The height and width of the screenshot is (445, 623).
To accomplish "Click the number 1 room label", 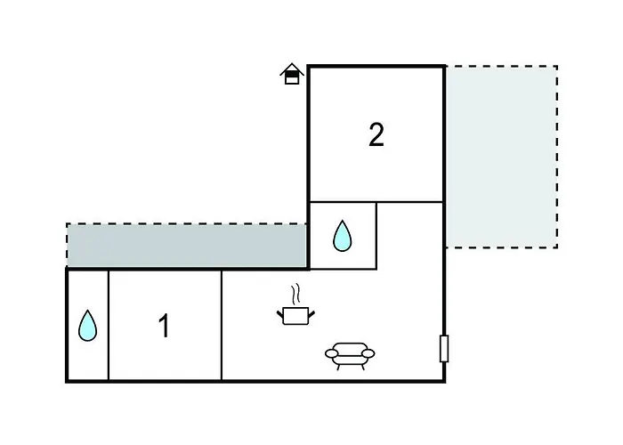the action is click(x=164, y=326).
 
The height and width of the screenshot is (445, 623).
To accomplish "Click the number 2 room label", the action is click(x=376, y=134).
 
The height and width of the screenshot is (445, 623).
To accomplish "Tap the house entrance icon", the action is click(x=292, y=74).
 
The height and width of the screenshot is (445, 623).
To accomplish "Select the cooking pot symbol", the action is click(x=295, y=316).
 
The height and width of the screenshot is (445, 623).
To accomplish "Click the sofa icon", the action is click(x=350, y=356).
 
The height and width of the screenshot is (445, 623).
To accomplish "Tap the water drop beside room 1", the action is click(x=87, y=326).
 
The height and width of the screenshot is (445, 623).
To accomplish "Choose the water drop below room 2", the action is click(x=342, y=236).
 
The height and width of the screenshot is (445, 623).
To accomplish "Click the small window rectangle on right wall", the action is click(x=444, y=349).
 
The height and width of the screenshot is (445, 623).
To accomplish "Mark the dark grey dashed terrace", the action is click(x=186, y=245).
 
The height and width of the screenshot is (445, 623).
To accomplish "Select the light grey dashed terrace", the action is click(x=501, y=157).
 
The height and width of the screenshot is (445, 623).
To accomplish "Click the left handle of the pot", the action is click(x=280, y=314).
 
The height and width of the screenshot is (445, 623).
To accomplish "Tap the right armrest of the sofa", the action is click(x=368, y=352).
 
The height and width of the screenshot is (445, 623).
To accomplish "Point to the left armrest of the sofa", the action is click(x=332, y=352).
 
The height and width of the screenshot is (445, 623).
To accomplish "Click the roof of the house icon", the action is click(x=292, y=69).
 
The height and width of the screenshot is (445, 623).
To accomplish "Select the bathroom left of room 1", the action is click(x=87, y=326).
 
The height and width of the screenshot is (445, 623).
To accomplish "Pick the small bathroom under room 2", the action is click(x=343, y=236).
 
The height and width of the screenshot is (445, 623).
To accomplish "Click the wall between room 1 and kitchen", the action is click(x=222, y=326).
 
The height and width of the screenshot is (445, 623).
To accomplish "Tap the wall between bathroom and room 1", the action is click(x=109, y=326).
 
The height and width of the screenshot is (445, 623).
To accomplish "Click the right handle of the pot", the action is click(x=311, y=314).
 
